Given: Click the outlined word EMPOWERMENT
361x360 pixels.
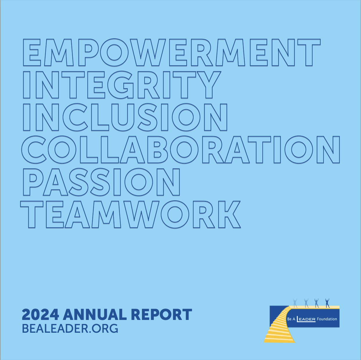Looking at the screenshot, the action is coord(172,53).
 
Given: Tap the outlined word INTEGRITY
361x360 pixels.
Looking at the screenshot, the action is coord(121,85).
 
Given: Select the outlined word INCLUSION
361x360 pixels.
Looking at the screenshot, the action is coord(125,117).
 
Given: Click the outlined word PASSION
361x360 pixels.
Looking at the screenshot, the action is coord(101,182).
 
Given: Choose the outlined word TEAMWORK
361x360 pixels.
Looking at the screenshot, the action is coord(131,214).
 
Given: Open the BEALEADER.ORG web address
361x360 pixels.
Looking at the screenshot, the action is coord(70,329).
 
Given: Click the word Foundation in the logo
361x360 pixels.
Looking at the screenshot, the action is coord(327,319).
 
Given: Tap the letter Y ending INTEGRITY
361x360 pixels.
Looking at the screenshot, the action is coord(209,85).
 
